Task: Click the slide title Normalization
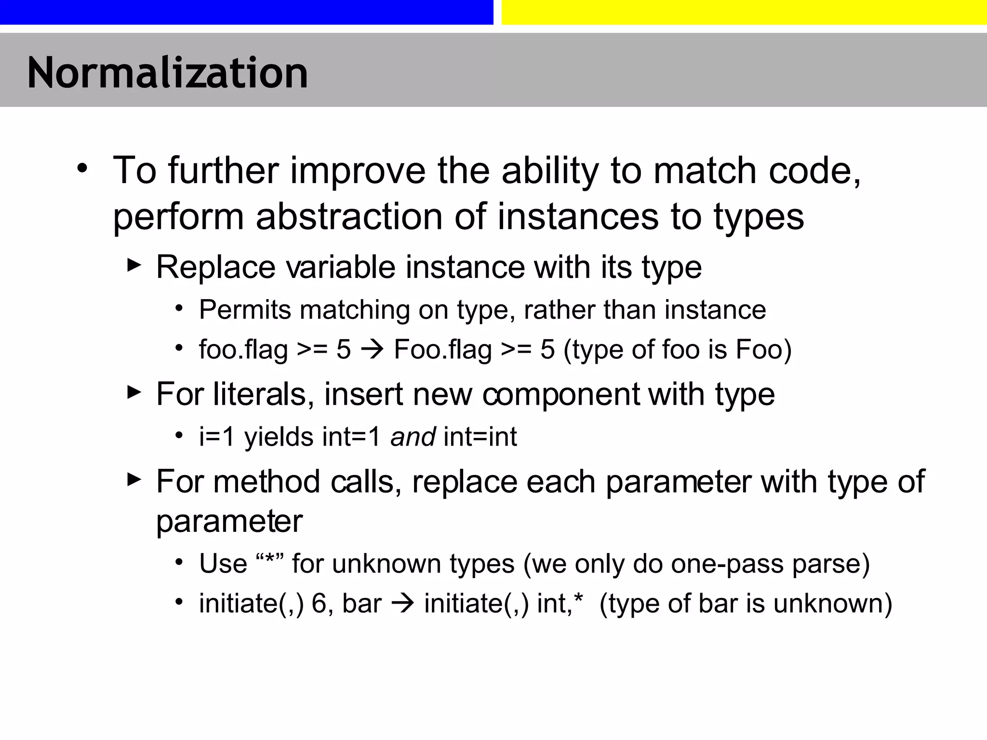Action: point(167,73)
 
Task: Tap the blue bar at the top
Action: point(246,12)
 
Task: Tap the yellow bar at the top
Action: point(744,12)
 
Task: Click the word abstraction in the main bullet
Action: point(349,217)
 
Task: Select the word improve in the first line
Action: point(358,171)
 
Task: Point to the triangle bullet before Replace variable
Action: point(134,265)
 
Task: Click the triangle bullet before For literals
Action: point(134,392)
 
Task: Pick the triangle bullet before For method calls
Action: point(134,479)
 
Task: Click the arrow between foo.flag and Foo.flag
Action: point(372,350)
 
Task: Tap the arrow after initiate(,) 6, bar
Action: point(403,604)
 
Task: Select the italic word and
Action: point(413,437)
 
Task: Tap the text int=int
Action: point(480,437)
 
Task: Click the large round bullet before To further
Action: point(82,169)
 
